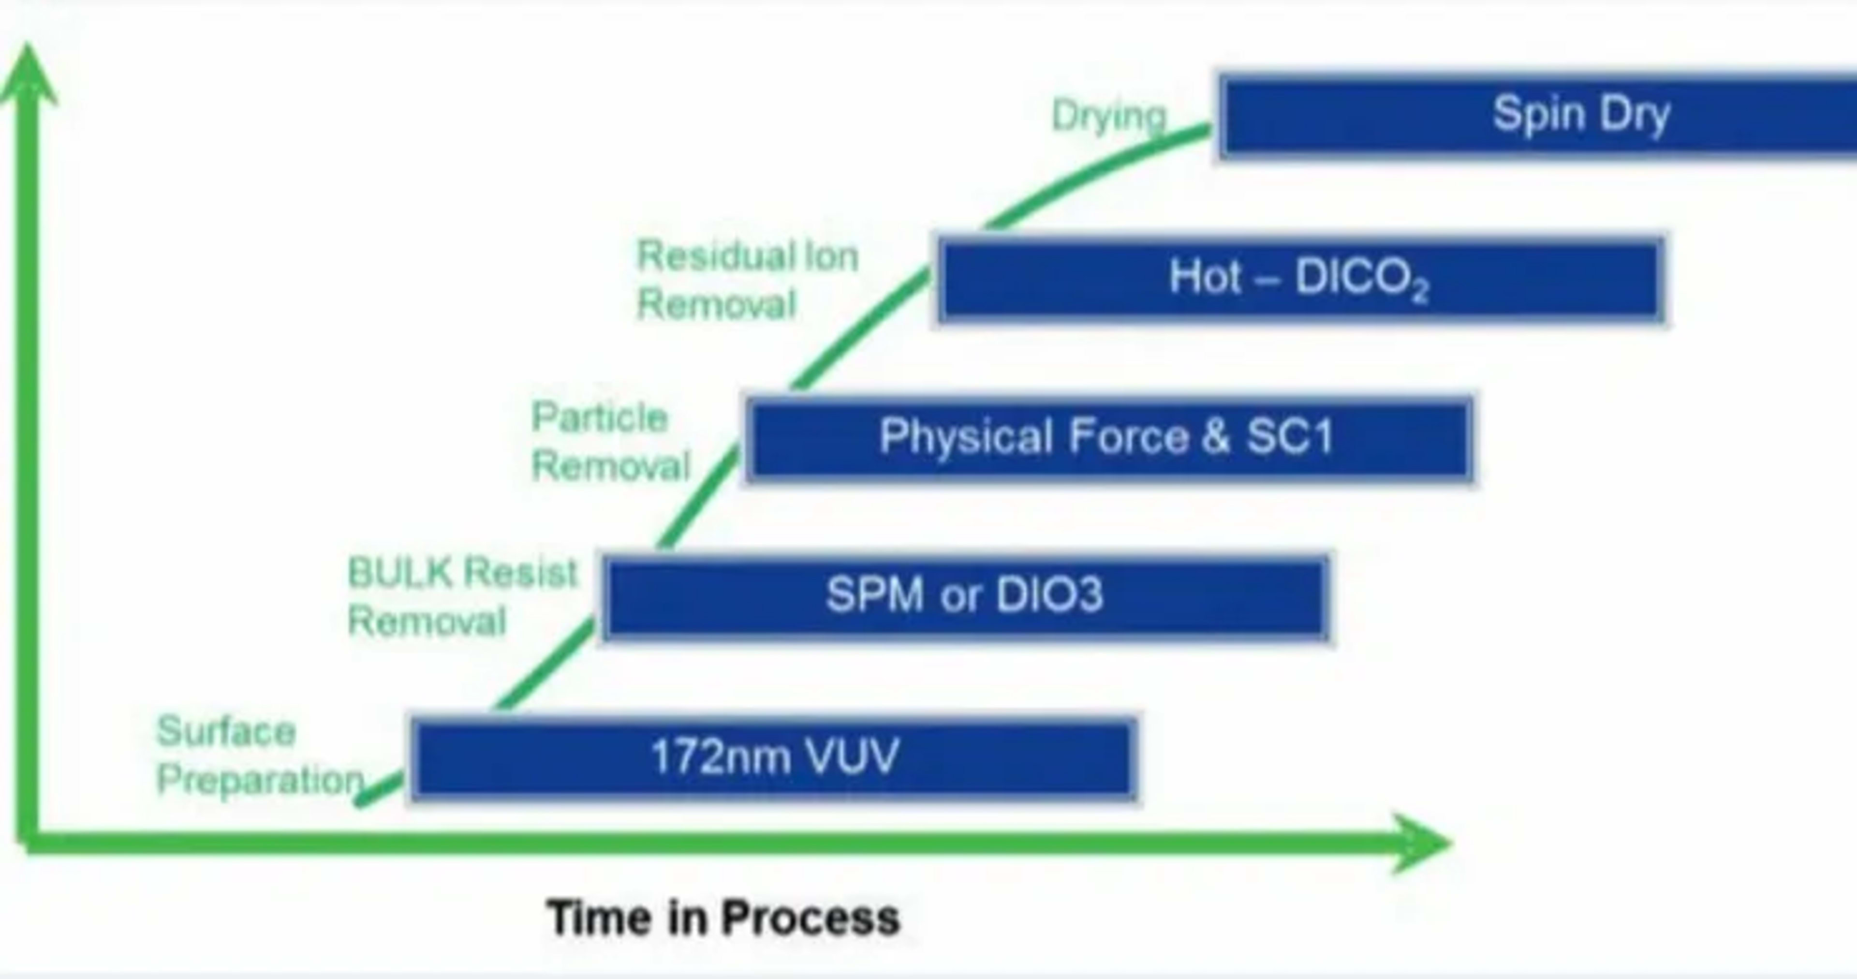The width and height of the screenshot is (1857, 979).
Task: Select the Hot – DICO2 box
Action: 1301,279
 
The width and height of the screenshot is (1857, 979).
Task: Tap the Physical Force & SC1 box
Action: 1109,438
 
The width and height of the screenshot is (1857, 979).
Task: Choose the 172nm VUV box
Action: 774,757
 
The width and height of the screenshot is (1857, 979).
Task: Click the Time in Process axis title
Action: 723,918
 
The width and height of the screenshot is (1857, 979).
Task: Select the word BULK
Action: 399,573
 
